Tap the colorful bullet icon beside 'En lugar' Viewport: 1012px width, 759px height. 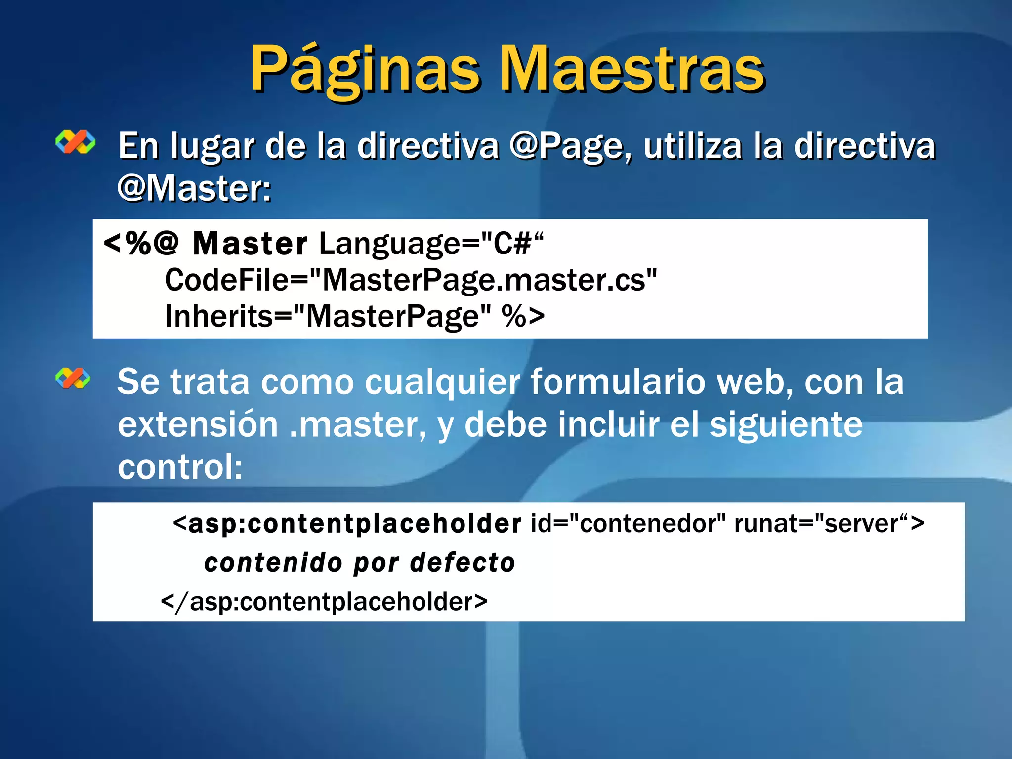point(75,142)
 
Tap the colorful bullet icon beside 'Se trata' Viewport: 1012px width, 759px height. point(73,379)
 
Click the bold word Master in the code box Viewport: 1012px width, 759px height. point(250,244)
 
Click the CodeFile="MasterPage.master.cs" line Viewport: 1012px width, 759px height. point(411,280)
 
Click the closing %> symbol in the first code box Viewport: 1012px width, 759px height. point(523,316)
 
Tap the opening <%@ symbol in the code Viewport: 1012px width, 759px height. point(141,244)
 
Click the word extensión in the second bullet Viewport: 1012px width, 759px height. point(198,424)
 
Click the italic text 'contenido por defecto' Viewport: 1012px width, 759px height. point(359,563)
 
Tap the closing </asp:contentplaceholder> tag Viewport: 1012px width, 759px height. point(324,602)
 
